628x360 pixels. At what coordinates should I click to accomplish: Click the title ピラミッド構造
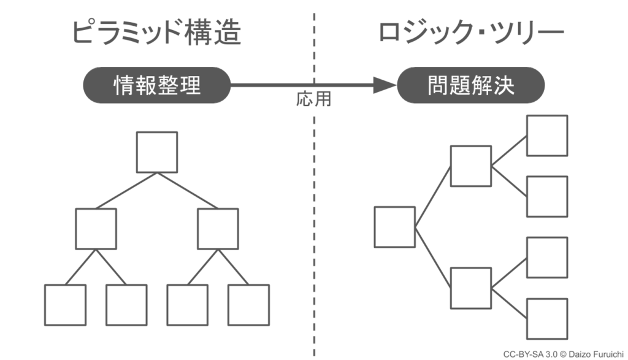[x=156, y=32]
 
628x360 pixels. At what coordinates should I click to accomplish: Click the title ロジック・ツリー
[x=471, y=32]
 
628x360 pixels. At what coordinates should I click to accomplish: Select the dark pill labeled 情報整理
[x=157, y=85]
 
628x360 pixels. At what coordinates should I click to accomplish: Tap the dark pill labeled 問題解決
[x=470, y=85]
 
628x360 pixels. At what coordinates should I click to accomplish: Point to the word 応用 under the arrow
[x=313, y=99]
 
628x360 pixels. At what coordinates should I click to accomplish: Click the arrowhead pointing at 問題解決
[x=385, y=85]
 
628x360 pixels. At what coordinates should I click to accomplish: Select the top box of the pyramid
[x=157, y=152]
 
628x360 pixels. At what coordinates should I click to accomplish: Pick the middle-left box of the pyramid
[x=96, y=229]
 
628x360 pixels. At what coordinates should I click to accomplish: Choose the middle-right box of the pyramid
[x=218, y=229]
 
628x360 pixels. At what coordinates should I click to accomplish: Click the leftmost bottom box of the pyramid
[x=65, y=305]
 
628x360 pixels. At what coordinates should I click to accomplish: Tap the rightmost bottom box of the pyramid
[x=249, y=305]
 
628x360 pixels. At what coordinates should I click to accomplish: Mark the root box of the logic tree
[x=395, y=227]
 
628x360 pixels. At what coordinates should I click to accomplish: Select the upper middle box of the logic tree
[x=471, y=166]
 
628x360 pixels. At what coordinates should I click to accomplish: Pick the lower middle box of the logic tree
[x=471, y=288]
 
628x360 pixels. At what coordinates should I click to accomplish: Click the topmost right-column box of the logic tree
[x=547, y=136]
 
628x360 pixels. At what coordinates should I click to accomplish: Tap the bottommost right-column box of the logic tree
[x=547, y=319]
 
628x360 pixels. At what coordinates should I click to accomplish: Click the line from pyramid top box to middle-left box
[x=126, y=191]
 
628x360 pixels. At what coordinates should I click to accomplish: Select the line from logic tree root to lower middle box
[x=433, y=258]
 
